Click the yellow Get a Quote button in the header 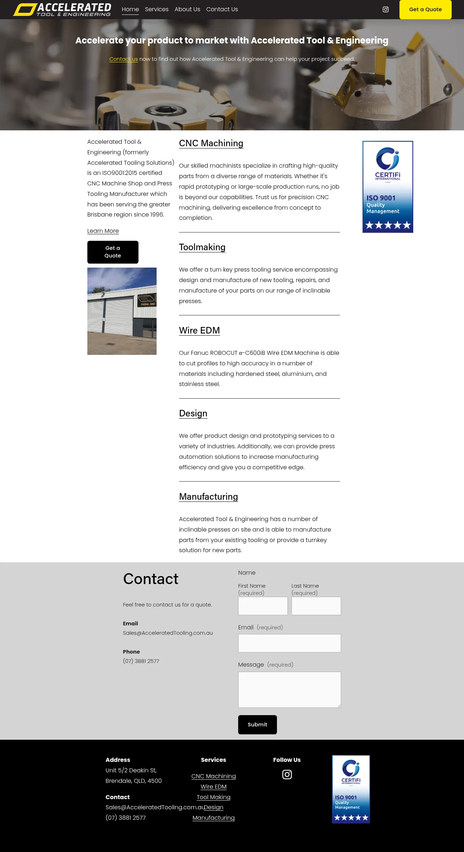tap(425, 9)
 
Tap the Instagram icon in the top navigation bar tap(386, 9)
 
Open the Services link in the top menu tap(157, 9)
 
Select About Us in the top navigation tap(187, 9)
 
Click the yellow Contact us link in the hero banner tap(124, 59)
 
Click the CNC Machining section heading tap(211, 143)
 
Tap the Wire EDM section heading tap(199, 331)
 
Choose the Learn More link tap(103, 231)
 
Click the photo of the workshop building tap(122, 311)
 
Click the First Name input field tap(263, 606)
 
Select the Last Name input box tap(316, 606)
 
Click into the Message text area tap(289, 689)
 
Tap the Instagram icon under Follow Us tap(287, 775)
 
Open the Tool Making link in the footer tap(214, 797)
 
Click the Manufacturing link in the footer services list tap(214, 818)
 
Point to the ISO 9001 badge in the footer tap(351, 789)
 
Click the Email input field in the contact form tap(289, 643)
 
